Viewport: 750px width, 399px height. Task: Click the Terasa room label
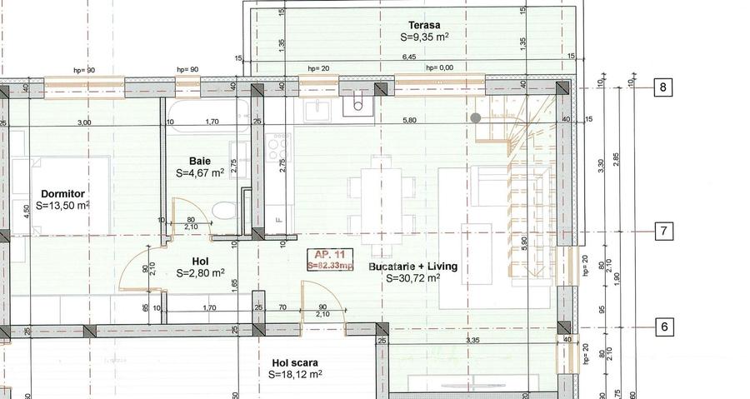[x=424, y=24]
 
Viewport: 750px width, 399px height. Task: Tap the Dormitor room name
[x=62, y=192]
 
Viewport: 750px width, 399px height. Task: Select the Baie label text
[x=199, y=160]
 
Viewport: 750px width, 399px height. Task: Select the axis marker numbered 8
[x=663, y=87]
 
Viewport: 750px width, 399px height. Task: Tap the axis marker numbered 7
[x=663, y=231]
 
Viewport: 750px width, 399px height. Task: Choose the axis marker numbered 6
[x=663, y=327]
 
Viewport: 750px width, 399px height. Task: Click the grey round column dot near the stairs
[x=476, y=118]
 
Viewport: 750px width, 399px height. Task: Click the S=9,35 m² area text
[x=424, y=37]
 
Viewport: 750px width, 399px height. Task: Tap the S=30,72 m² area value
[x=413, y=278]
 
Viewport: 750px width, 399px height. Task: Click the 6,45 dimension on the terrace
[x=409, y=57]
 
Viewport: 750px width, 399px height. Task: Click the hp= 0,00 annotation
[x=439, y=68]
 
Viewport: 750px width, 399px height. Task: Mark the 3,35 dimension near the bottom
[x=472, y=341]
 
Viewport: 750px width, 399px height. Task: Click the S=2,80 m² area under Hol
[x=200, y=272]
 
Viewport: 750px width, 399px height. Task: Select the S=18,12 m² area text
[x=295, y=375]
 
